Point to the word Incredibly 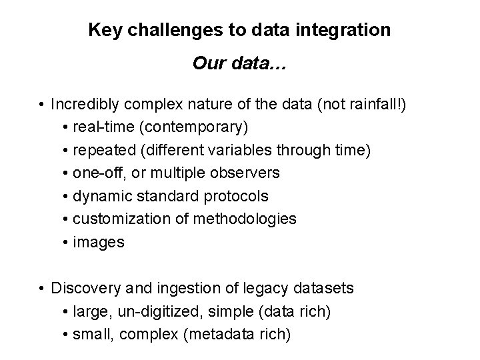click(81, 105)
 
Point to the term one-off click(96, 173)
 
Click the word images click(99, 242)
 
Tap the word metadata click(222, 334)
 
